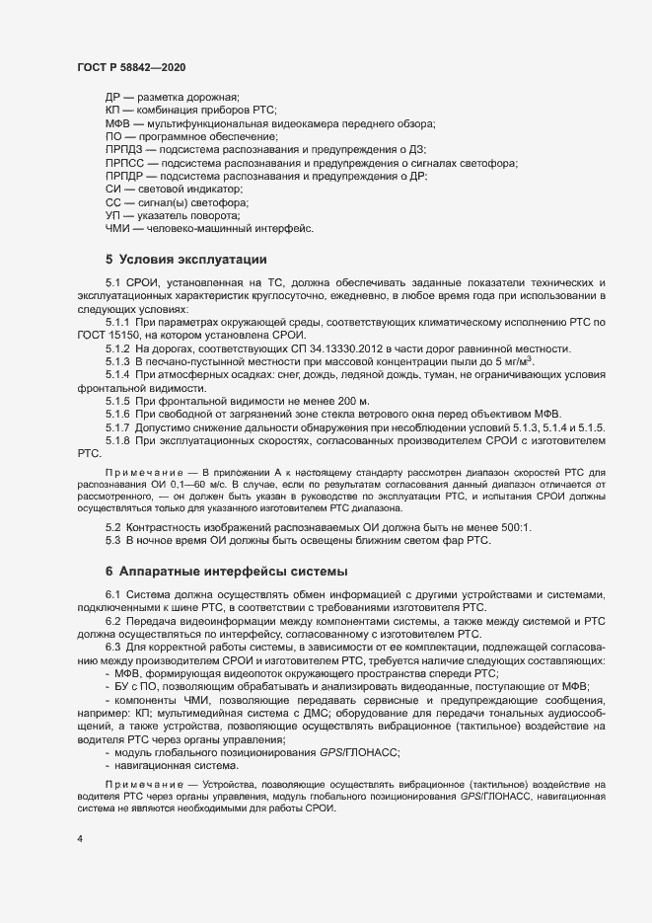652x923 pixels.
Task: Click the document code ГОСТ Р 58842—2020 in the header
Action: coord(130,67)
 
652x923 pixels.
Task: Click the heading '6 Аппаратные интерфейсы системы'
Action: coord(226,572)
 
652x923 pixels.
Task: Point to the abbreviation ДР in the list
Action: coord(112,97)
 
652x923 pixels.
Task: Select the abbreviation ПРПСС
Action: coord(123,162)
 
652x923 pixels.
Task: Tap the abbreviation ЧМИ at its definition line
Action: coord(117,229)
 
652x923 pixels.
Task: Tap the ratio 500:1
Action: coord(513,527)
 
